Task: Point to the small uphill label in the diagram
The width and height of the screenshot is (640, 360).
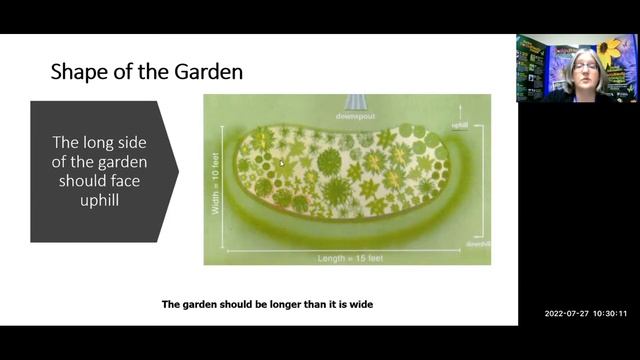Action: pyautogui.click(x=460, y=126)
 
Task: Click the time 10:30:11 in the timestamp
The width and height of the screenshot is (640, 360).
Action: pyautogui.click(x=609, y=313)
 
